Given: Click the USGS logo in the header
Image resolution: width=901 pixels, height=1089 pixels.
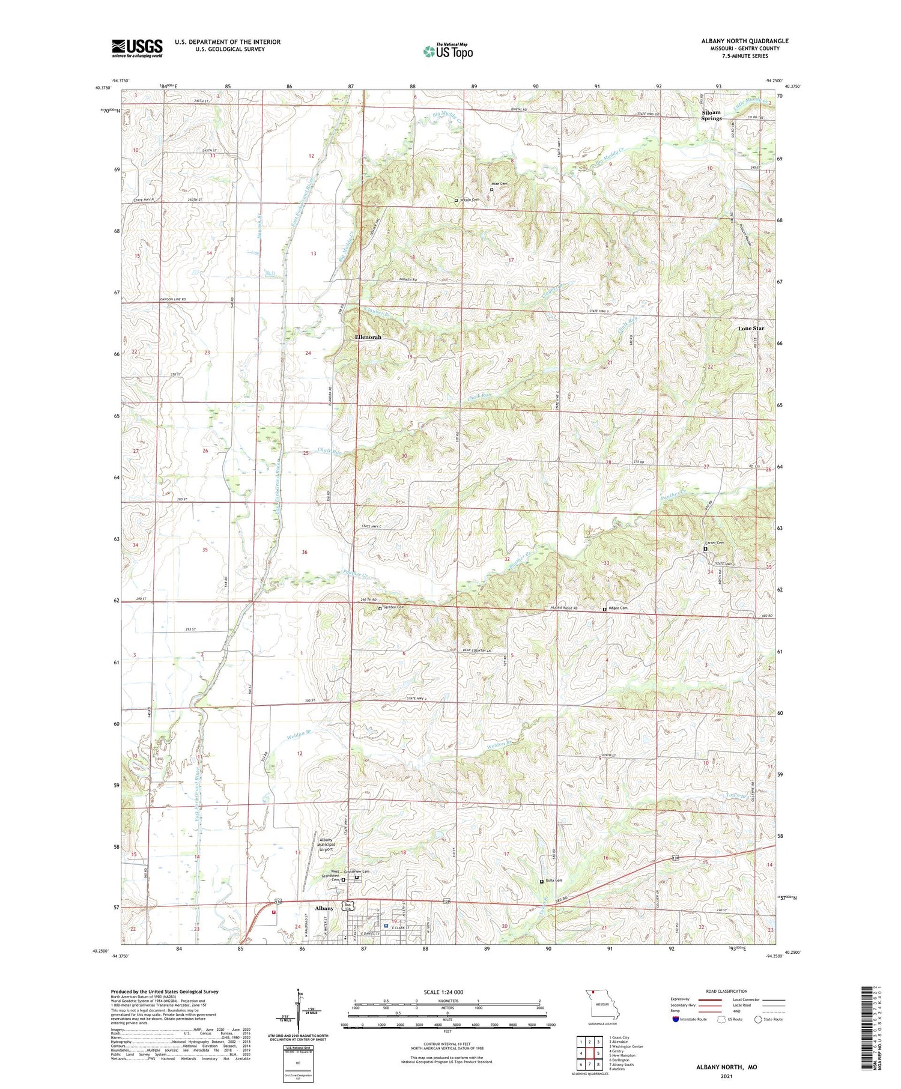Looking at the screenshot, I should [137, 48].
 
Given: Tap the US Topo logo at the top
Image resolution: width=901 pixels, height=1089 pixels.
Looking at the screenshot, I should [448, 51].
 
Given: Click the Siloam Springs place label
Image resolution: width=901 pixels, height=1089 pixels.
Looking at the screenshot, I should [711, 115].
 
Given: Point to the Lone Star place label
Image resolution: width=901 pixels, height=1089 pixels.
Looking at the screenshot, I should [751, 329].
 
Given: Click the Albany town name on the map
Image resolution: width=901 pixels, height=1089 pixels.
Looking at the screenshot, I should [324, 908].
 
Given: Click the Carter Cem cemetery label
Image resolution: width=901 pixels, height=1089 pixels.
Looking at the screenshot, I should [716, 543].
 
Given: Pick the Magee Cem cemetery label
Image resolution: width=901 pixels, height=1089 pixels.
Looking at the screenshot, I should [618, 608].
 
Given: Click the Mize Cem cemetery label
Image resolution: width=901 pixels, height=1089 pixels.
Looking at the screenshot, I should [499, 184].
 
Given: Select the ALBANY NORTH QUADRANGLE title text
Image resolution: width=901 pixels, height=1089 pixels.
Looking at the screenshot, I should [744, 41].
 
